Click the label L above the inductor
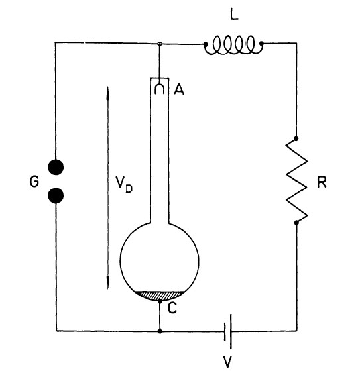pyautogui.click(x=234, y=15)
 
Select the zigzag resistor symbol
pyautogui.click(x=296, y=181)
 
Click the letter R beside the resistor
pyautogui.click(x=322, y=182)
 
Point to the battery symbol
pyautogui.click(x=228, y=331)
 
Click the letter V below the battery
pyautogui.click(x=227, y=362)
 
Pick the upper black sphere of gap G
pyautogui.click(x=56, y=167)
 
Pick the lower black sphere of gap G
pyautogui.click(x=56, y=195)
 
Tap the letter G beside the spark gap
pyautogui.click(x=34, y=182)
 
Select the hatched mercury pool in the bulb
pyautogui.click(x=160, y=296)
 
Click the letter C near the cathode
pyautogui.click(x=172, y=308)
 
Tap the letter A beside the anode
pyautogui.click(x=179, y=89)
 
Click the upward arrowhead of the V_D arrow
pyautogui.click(x=107, y=93)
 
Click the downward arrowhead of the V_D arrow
pyautogui.click(x=108, y=282)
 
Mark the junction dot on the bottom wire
pyautogui.click(x=160, y=331)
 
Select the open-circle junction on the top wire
pyautogui.click(x=159, y=44)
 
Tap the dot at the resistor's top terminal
pyautogui.click(x=296, y=138)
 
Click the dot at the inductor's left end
pyautogui.click(x=206, y=44)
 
